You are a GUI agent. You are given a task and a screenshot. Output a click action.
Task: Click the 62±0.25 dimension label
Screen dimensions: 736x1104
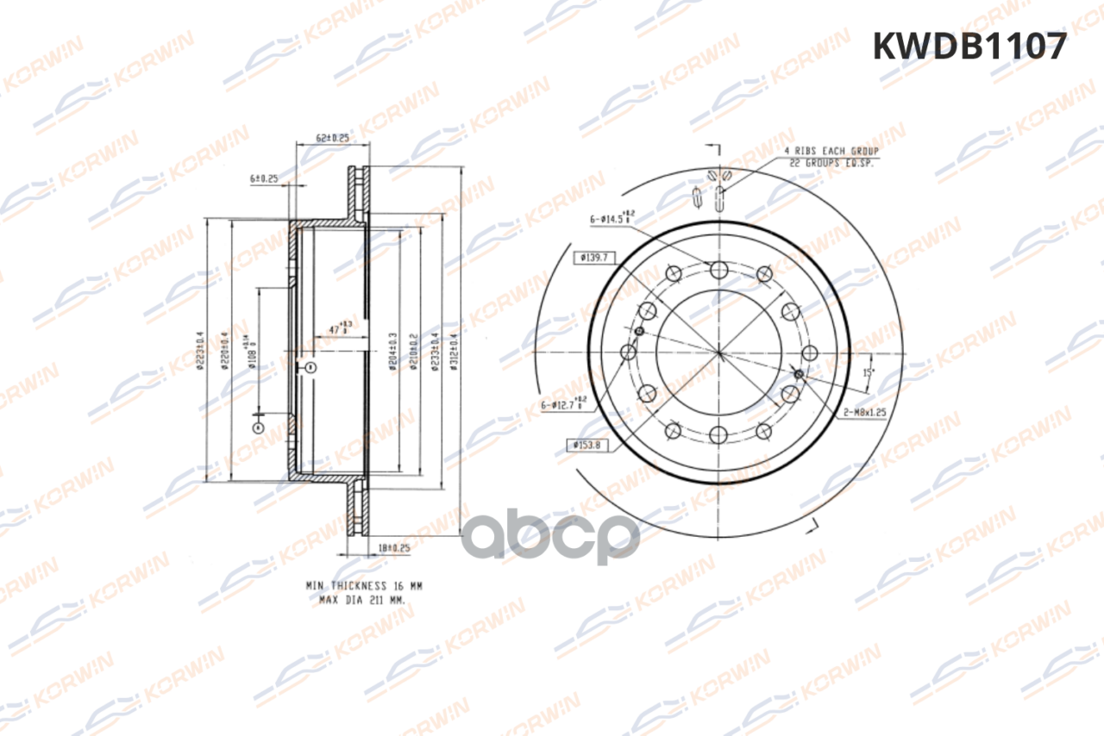[x=332, y=137]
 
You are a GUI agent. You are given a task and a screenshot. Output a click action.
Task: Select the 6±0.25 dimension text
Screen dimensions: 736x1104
[x=264, y=179]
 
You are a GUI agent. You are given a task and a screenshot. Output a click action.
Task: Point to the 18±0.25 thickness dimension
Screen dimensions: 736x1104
[x=392, y=546]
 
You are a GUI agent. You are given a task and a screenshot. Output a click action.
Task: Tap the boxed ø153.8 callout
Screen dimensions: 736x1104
[x=591, y=445]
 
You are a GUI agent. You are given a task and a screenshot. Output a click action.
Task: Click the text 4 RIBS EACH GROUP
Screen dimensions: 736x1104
[x=831, y=151]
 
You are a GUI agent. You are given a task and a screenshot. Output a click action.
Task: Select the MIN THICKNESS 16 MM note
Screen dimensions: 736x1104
[x=363, y=585]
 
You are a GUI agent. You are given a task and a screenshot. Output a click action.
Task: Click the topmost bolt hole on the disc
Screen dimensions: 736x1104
[x=718, y=271]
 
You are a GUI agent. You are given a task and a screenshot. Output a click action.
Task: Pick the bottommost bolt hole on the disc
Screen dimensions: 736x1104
[x=718, y=433]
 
